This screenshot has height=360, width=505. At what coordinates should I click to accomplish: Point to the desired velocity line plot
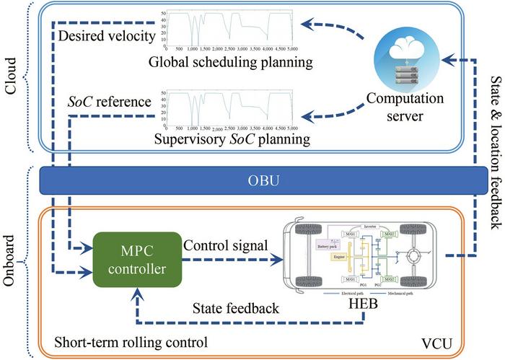coord(227,25)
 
